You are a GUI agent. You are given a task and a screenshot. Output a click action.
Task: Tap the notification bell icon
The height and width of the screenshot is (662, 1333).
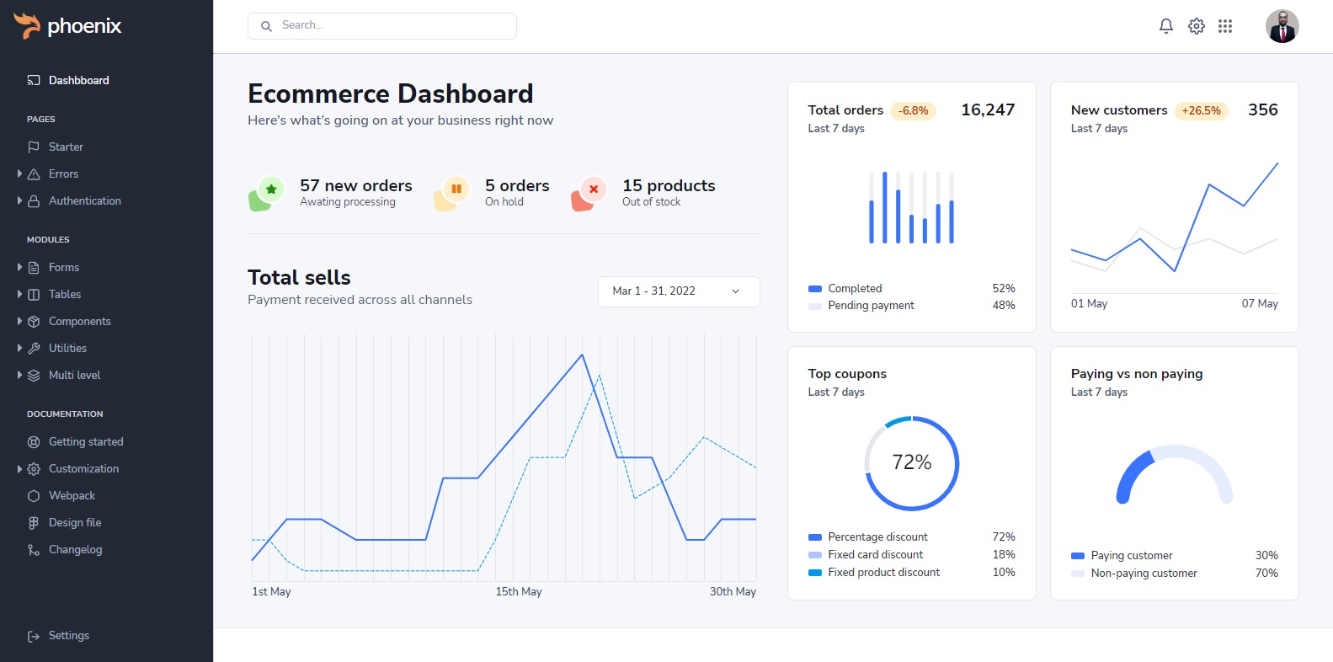[1166, 26]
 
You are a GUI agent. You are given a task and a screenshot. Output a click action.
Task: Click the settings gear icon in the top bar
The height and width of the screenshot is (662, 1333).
[1196, 26]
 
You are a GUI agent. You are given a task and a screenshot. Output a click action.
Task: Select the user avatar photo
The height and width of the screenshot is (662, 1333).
[1282, 26]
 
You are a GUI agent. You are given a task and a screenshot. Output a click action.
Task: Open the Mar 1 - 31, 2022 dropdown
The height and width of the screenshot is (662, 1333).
[679, 291]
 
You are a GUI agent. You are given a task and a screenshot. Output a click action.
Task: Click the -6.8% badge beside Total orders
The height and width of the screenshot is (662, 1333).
[913, 110]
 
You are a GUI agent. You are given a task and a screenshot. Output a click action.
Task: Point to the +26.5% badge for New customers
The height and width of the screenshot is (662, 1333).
[1201, 110]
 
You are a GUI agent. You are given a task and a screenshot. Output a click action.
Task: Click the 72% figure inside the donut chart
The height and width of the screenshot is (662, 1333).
[912, 462]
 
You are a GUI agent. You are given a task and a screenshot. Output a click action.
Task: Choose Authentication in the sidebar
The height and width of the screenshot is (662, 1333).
[84, 200]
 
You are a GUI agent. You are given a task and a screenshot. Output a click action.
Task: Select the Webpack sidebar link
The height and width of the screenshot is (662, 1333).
[72, 495]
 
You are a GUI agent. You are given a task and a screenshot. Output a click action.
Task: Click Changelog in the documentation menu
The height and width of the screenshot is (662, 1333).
[75, 549]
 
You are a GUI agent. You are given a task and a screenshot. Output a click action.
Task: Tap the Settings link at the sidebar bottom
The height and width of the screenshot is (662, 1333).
[68, 635]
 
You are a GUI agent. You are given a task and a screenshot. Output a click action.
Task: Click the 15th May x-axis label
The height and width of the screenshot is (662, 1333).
[519, 591]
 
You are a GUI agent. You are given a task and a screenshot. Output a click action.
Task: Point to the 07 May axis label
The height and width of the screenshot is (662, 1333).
[1260, 303]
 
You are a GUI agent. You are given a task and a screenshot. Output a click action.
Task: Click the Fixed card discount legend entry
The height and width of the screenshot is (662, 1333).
[875, 554]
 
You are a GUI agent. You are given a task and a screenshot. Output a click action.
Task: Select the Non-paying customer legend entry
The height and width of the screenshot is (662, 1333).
[1144, 573]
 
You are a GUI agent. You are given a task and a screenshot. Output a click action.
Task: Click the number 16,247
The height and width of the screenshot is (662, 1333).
[988, 109]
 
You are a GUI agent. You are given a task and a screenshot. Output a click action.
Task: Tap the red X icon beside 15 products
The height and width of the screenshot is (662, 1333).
[593, 190]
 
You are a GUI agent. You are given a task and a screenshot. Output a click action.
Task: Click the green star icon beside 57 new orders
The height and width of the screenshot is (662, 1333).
[271, 190]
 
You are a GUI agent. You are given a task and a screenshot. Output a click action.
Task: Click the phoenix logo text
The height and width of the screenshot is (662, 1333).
[84, 26]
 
